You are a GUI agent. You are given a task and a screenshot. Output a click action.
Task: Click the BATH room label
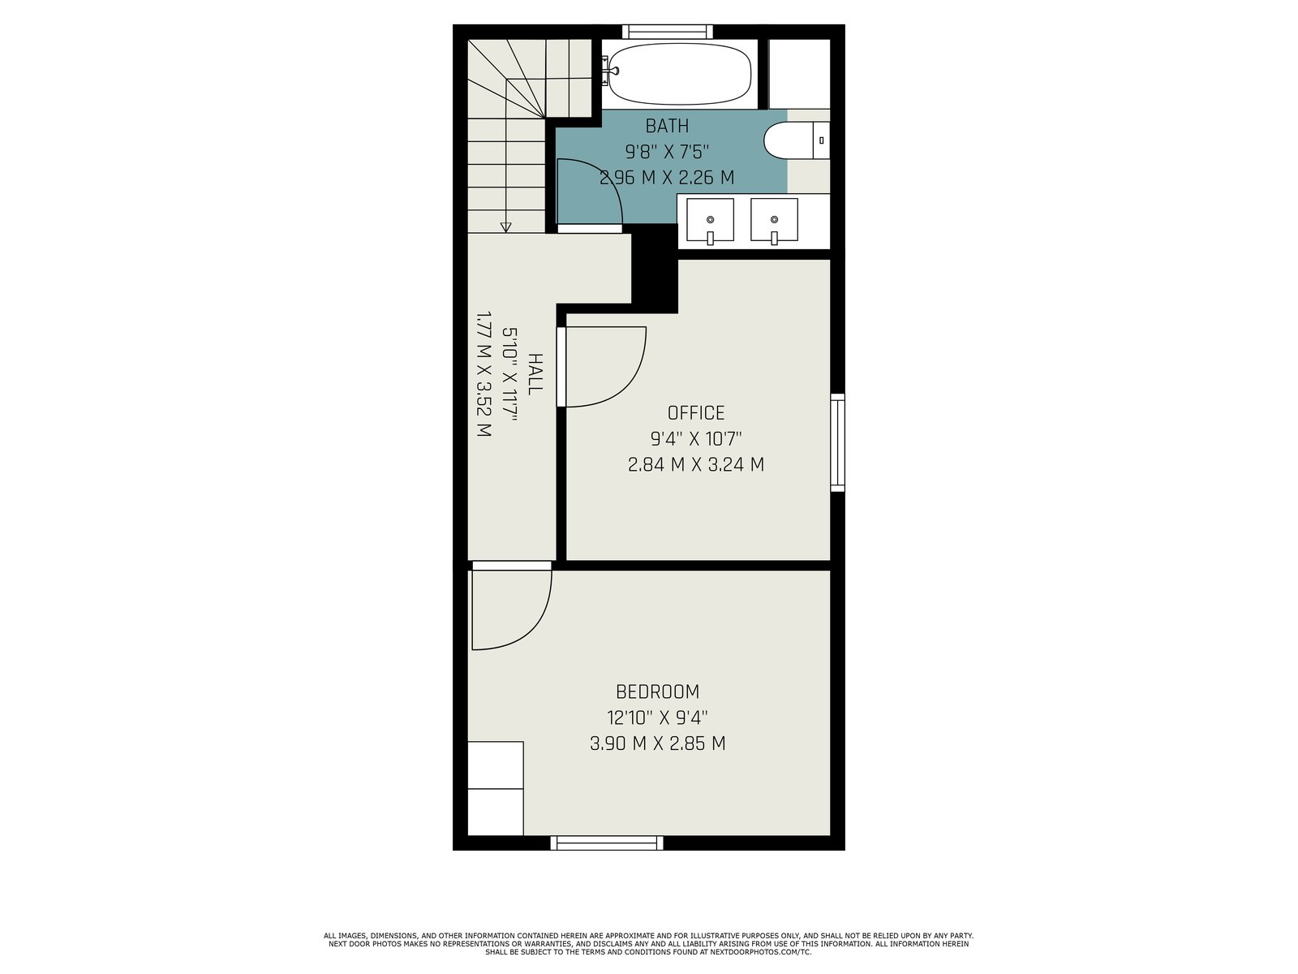tap(667, 126)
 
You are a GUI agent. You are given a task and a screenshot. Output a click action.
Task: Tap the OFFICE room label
tap(695, 413)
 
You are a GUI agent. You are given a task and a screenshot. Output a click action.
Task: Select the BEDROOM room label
tap(657, 692)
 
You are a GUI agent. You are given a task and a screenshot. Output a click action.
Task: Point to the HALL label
tap(535, 374)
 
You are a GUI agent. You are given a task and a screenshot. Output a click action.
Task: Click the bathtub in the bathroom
tap(680, 74)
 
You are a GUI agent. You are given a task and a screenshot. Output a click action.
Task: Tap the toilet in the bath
tap(797, 140)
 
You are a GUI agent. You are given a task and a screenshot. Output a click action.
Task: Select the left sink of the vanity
tap(710, 220)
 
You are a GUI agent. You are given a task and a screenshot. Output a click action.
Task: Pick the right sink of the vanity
tap(774, 220)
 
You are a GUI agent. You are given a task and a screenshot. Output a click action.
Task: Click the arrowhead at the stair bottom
tap(505, 228)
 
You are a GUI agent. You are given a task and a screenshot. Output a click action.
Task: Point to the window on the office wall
tap(837, 442)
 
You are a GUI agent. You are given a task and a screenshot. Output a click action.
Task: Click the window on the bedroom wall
tap(607, 843)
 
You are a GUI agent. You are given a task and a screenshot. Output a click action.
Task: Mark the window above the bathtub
tap(668, 32)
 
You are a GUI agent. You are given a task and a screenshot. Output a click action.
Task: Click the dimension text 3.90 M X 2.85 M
tap(658, 743)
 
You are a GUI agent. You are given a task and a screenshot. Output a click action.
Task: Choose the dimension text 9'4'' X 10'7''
tap(696, 439)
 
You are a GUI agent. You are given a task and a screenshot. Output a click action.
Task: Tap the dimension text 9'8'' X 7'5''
tap(667, 152)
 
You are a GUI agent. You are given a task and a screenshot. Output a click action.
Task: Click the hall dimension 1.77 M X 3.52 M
tap(484, 373)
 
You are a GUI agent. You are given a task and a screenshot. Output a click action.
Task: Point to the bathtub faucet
tap(609, 70)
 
